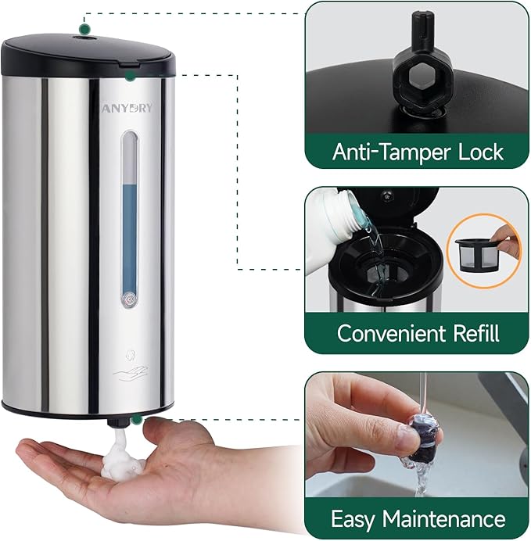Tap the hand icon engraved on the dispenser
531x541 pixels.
click(129, 372)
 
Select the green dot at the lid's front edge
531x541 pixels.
click(130, 75)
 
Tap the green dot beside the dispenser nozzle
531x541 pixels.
click(138, 420)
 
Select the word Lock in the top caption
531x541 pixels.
click(477, 151)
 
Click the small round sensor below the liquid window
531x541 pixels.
click(129, 298)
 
